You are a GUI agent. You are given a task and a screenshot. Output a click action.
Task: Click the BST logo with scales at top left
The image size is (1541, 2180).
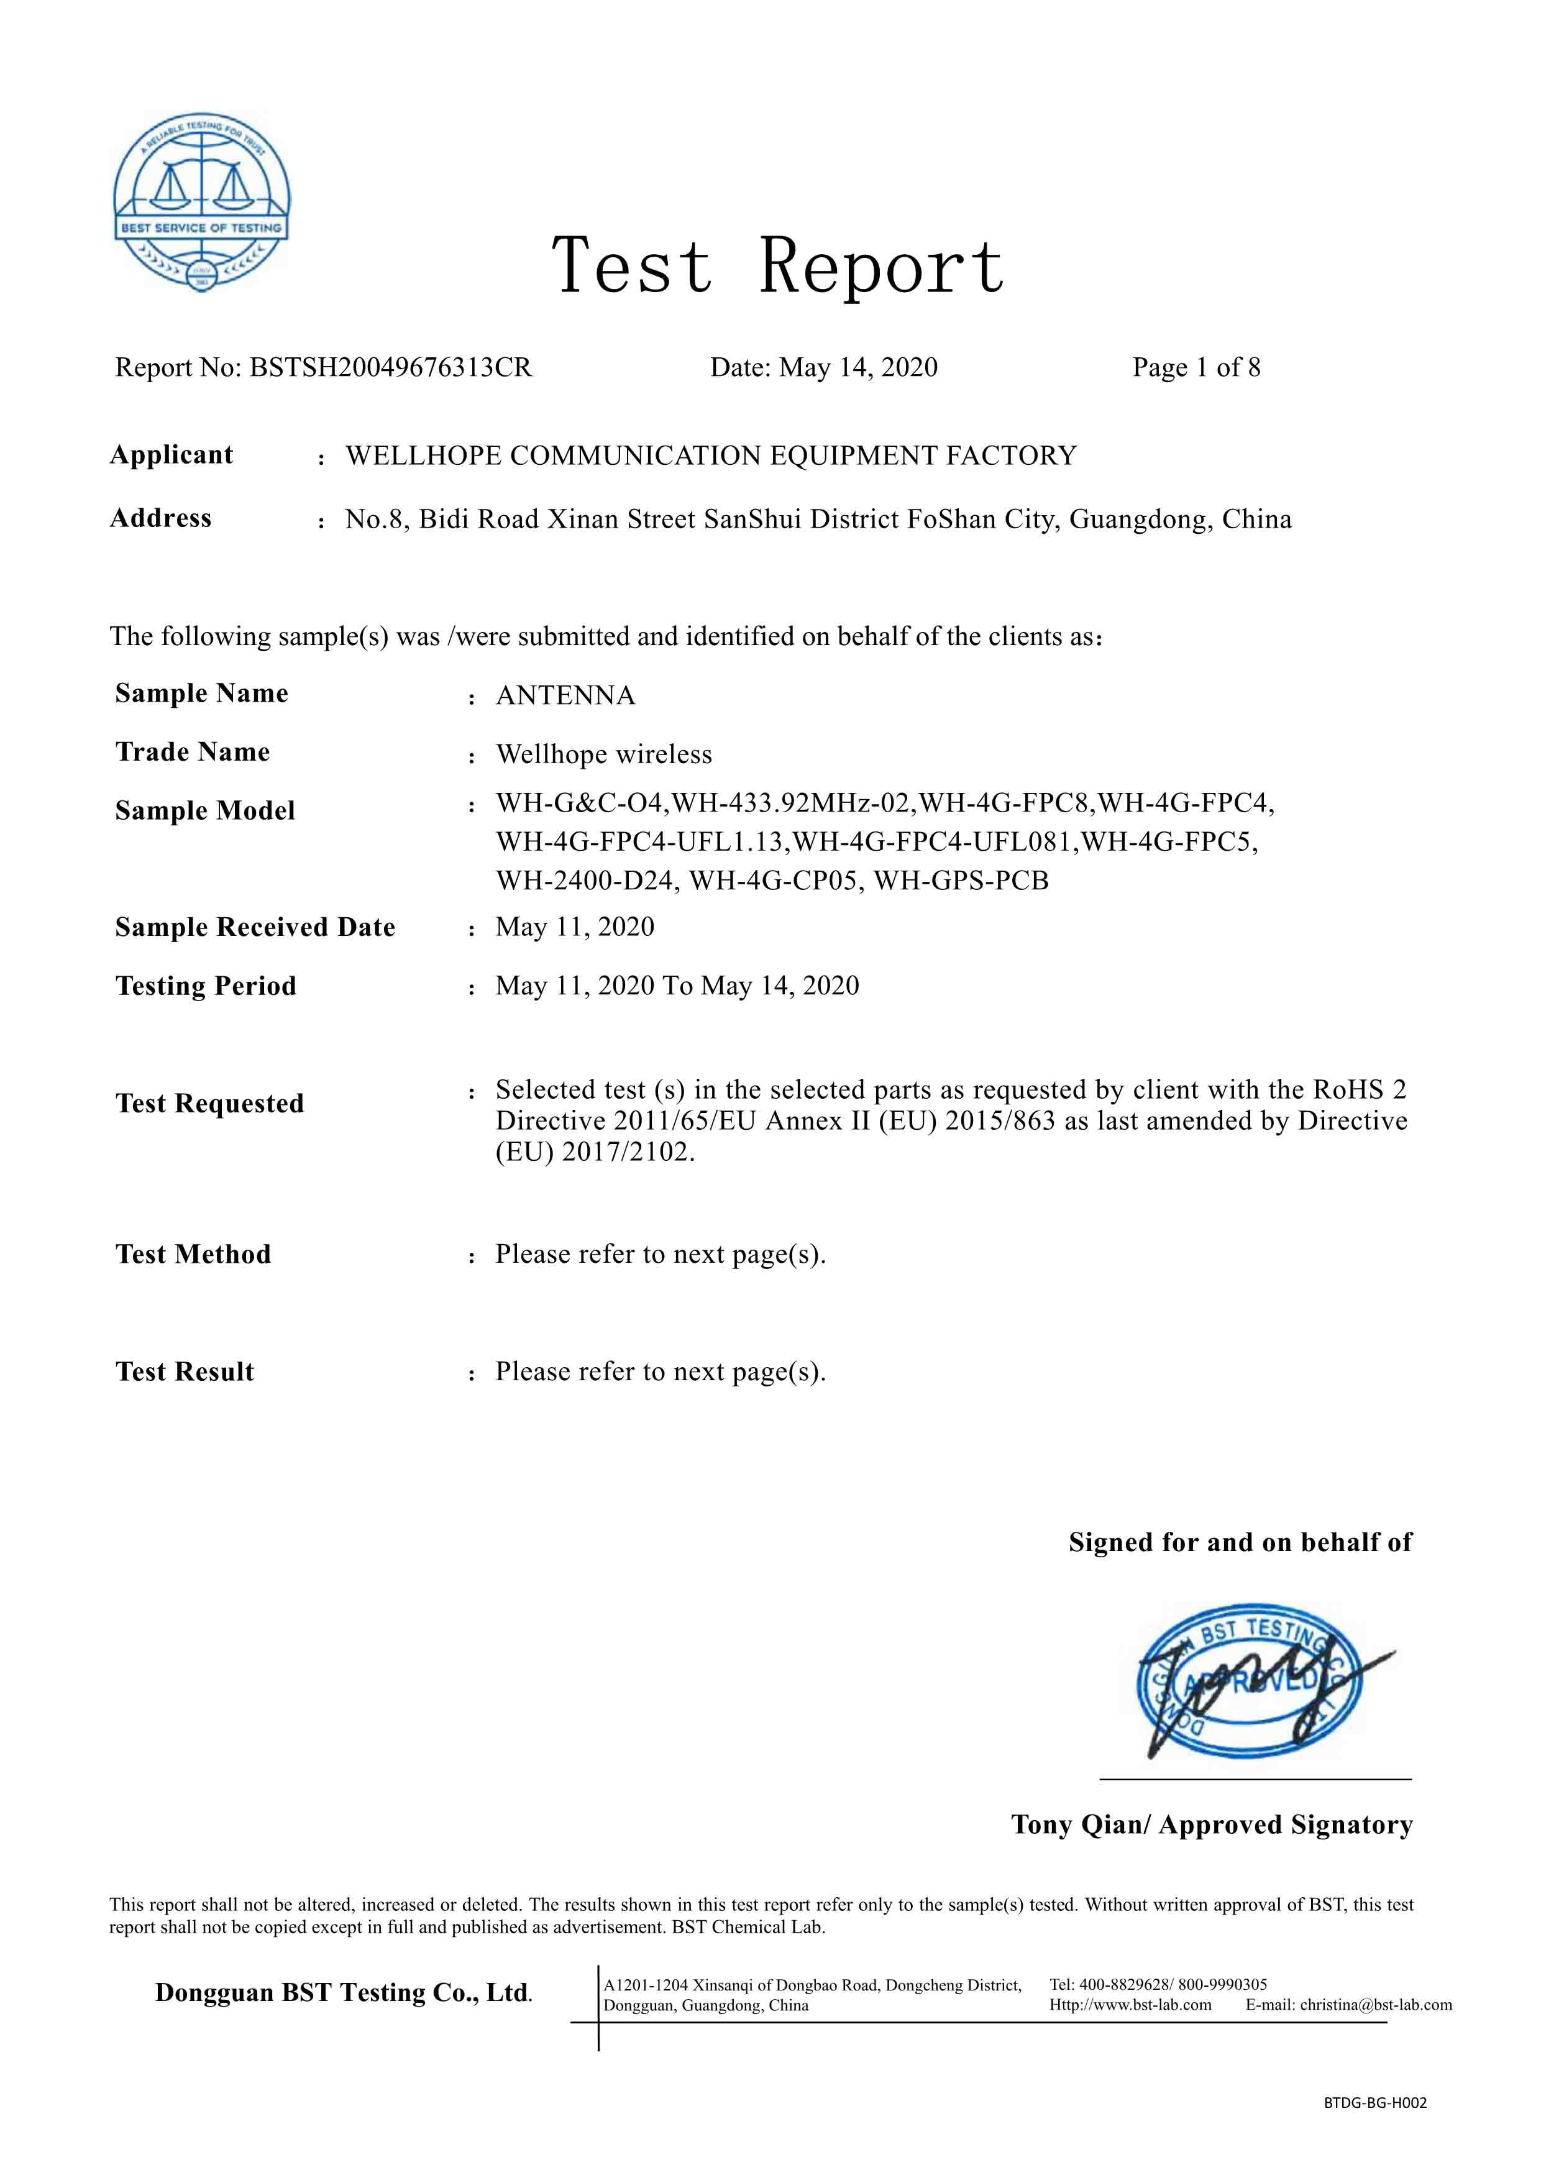[201, 202]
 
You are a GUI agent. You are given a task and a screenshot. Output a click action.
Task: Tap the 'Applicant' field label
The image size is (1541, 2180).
[171, 455]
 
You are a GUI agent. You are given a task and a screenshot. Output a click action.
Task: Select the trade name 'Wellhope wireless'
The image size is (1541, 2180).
[604, 755]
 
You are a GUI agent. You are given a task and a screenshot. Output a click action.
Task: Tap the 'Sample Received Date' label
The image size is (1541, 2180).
[255, 928]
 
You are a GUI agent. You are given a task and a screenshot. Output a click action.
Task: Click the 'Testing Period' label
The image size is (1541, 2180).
[206, 986]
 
